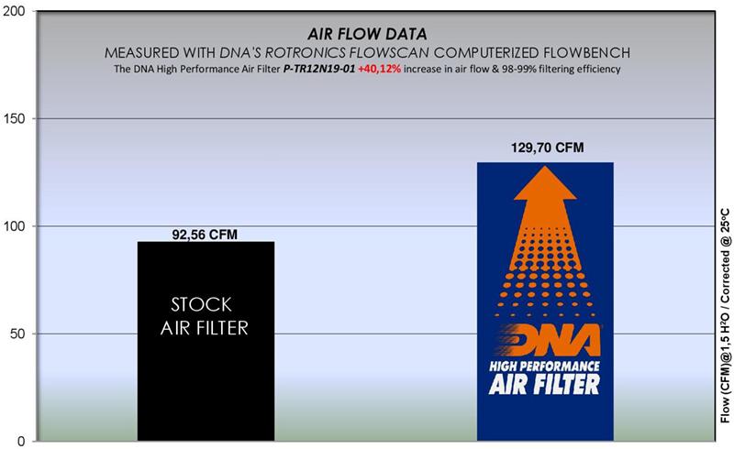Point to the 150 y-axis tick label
16,119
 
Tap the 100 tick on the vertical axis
16,226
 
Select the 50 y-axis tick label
19,334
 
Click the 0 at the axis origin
23,440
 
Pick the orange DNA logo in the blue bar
545,343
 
